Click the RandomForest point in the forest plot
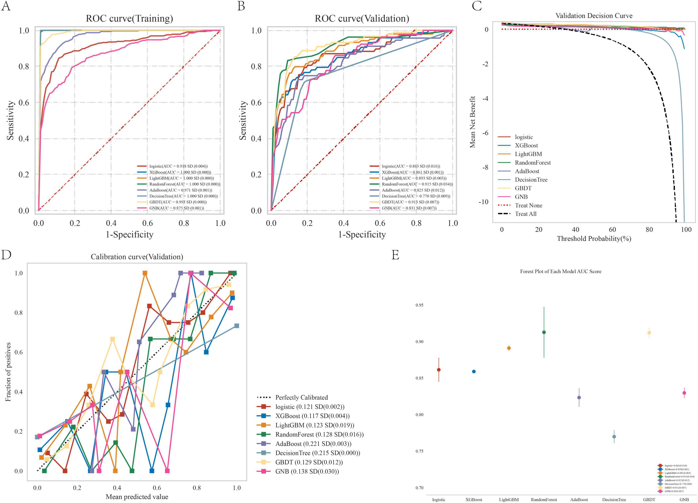pos(544,332)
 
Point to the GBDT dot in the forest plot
pos(649,333)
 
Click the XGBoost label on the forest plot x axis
pos(474,500)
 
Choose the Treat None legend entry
pos(528,205)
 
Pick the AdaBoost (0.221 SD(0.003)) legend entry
pos(313,444)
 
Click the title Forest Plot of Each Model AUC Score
pos(560,271)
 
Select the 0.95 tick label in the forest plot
pos(419,305)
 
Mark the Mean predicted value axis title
pos(137,497)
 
